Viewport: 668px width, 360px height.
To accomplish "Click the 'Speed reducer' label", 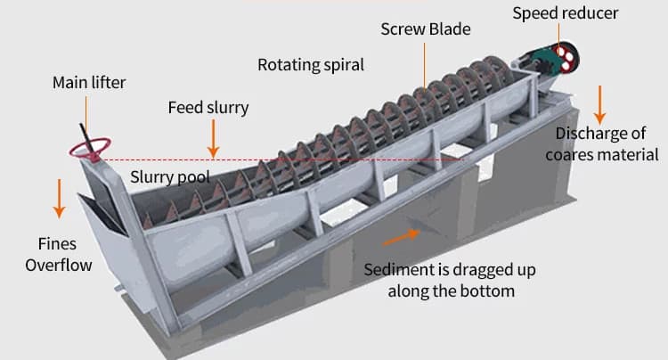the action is click(565, 13).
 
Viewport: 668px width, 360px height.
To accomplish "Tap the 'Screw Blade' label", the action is click(426, 29).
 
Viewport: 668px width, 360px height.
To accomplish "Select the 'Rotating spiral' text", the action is click(311, 65).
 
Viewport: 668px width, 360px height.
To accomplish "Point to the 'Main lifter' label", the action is click(89, 83).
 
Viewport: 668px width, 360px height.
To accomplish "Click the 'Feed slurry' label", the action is click(208, 108).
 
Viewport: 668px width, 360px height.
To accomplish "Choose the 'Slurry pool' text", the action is click(170, 176).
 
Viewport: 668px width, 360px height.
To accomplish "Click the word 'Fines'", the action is click(58, 243).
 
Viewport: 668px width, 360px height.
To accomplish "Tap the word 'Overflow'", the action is click(59, 265).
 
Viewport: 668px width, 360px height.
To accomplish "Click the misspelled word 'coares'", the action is click(569, 155).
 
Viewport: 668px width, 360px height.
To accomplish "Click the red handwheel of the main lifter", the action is click(90, 148).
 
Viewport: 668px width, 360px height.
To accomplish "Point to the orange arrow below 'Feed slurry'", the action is click(214, 138).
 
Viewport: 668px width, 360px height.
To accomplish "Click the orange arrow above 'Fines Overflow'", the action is click(59, 199).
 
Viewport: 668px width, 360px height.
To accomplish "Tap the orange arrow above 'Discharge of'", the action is click(599, 105).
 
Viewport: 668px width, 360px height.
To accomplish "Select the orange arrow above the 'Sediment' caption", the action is click(401, 237).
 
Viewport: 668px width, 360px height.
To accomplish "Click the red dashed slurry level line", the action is click(279, 160).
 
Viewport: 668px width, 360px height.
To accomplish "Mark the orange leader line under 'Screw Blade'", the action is click(424, 67).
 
